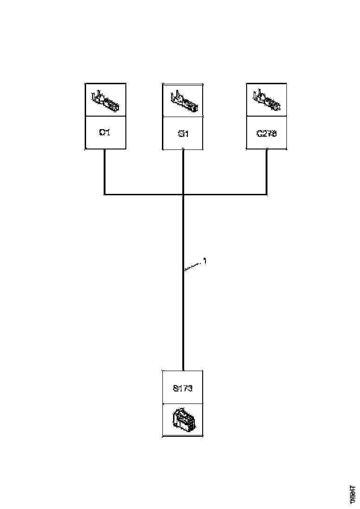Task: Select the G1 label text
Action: coord(183,134)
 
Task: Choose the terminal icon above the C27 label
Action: coord(266,101)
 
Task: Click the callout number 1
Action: coord(205,261)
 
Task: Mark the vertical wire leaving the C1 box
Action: coord(105,171)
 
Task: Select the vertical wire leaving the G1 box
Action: coord(184,171)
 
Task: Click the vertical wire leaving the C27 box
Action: coord(267,171)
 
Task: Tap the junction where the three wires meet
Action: coord(184,194)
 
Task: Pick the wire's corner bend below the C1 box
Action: coord(105,194)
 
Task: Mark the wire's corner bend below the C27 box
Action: coord(267,194)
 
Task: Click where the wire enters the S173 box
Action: coord(183,370)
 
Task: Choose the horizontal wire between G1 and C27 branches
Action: coord(225,194)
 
